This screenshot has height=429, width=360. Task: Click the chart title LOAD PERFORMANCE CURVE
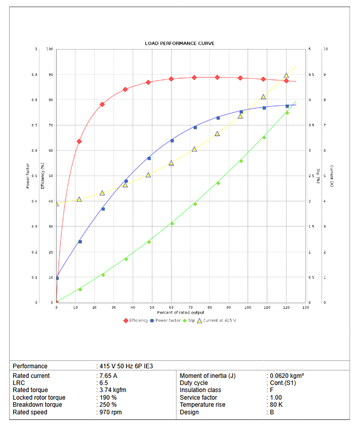click(180, 44)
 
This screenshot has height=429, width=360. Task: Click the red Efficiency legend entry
click(136, 320)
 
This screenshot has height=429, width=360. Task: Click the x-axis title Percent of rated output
click(180, 313)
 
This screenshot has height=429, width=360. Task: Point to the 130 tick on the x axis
click(305, 307)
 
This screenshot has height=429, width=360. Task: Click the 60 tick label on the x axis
click(171, 307)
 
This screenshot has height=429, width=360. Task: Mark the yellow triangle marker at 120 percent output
click(286, 75)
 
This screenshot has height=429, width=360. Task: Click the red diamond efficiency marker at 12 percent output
click(79, 142)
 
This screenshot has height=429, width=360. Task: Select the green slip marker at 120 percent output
click(287, 113)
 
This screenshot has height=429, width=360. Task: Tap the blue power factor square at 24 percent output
click(103, 208)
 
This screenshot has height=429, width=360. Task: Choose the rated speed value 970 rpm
click(110, 412)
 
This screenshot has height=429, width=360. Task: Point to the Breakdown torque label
click(37, 405)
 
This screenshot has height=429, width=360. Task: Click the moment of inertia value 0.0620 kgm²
click(287, 376)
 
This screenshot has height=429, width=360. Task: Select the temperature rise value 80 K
click(277, 405)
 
